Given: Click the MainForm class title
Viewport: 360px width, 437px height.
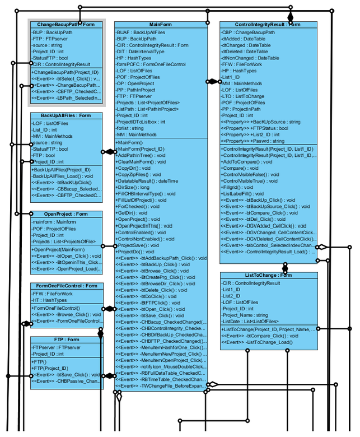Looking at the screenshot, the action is point(160,25).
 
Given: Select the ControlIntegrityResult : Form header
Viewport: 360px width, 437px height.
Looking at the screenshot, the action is point(268,25).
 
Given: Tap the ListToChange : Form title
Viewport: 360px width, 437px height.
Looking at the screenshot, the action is point(269,275).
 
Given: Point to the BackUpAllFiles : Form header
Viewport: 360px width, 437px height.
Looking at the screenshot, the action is point(66,115).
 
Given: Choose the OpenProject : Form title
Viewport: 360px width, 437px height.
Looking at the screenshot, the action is point(66,214).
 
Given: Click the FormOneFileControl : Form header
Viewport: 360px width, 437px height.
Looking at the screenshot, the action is point(66,286).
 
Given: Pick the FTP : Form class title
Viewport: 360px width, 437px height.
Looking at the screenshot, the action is point(66,340).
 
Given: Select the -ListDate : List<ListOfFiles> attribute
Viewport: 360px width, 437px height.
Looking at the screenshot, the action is point(250,322).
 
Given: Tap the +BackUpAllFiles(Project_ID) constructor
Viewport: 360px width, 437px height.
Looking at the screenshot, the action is point(61,169).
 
